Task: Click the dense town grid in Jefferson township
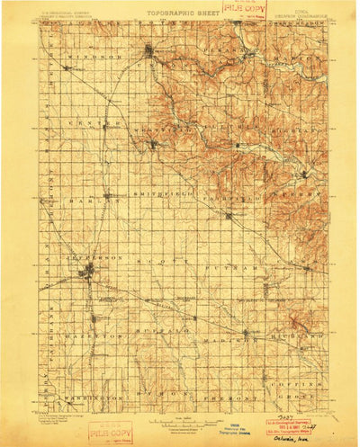tap(90, 270)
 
